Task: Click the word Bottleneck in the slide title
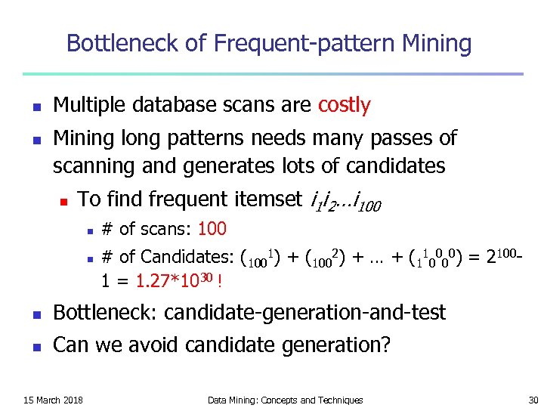(121, 43)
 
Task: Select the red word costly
(345, 105)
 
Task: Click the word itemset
(265, 199)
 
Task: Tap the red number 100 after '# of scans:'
(212, 228)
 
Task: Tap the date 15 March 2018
(53, 400)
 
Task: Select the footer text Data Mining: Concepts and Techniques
(285, 400)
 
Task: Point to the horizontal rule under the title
(272, 73)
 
